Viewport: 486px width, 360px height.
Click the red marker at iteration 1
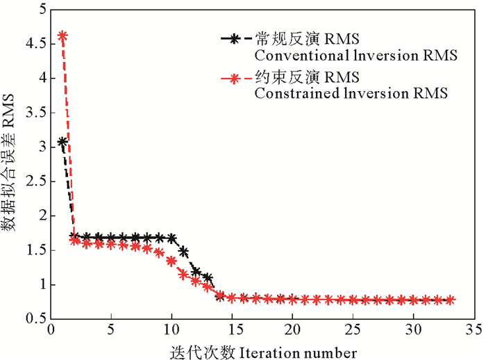(62, 35)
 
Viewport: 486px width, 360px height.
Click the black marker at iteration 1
(62, 142)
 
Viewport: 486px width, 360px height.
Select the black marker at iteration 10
(171, 238)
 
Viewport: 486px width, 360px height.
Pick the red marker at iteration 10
(171, 261)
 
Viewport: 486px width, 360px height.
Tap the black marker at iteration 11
(183, 251)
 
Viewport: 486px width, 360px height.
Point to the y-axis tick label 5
(39, 10)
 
